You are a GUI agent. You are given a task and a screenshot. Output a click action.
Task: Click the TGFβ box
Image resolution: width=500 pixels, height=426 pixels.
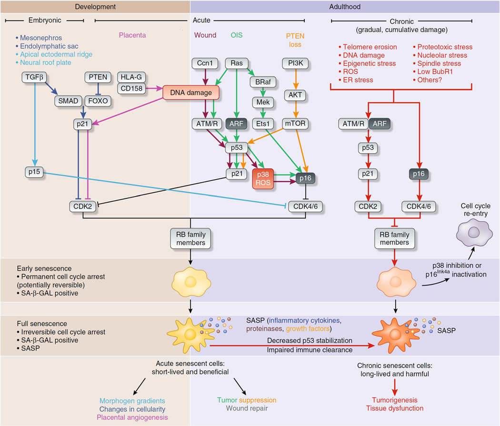point(33,77)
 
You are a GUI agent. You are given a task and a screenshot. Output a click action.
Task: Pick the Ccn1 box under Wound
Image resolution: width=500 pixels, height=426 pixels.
point(204,63)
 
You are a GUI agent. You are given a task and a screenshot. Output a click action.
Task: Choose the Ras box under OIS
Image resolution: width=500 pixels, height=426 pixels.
point(237,63)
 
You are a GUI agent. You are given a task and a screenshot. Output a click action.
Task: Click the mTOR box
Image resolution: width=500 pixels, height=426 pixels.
point(295,124)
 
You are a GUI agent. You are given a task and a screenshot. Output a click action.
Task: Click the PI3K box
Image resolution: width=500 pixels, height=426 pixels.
point(295,63)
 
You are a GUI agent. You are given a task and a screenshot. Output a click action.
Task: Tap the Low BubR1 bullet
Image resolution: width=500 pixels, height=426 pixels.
point(437,72)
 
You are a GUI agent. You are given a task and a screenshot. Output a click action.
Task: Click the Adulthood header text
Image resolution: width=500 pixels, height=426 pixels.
point(345,7)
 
